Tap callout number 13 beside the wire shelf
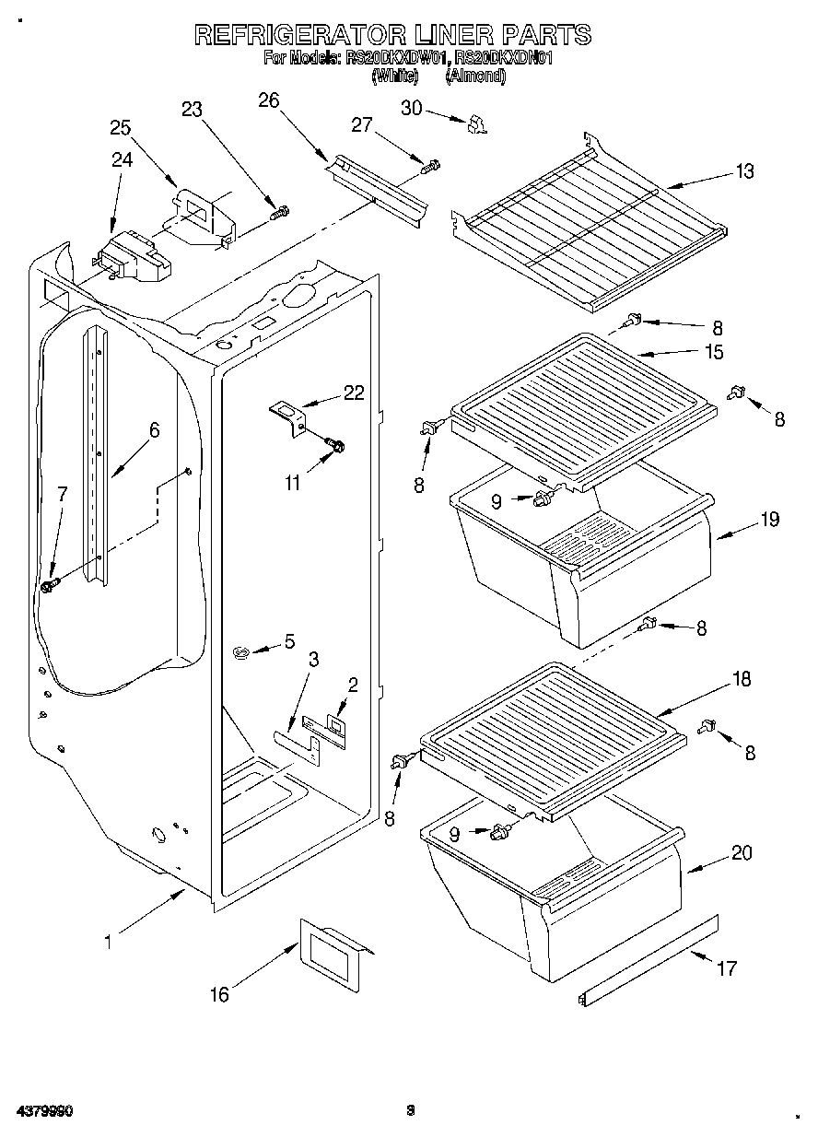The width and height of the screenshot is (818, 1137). (743, 170)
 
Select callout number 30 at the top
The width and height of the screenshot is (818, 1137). (411, 108)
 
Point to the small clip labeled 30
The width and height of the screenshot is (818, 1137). (475, 124)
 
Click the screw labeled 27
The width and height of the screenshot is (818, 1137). (430, 167)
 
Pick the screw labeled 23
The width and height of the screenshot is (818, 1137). (279, 213)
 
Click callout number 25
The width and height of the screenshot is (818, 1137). (121, 128)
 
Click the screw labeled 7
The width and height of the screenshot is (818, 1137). (51, 584)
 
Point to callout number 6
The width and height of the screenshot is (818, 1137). (154, 428)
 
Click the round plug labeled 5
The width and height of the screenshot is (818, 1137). (243, 652)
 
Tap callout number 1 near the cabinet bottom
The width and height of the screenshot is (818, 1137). (109, 942)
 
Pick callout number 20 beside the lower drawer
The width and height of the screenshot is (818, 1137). (741, 852)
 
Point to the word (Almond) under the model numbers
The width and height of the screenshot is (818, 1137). (475, 77)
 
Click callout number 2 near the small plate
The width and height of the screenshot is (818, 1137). (353, 684)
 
